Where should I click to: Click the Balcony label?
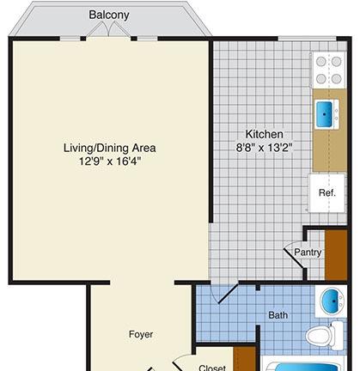(x=109, y=15)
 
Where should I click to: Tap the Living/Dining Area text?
(x=110, y=148)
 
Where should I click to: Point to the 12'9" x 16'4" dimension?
(x=110, y=161)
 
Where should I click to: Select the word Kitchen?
(x=264, y=134)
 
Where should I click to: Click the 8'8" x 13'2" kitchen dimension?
(x=264, y=148)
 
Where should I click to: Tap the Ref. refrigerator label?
(x=327, y=192)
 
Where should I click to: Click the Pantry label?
(x=308, y=252)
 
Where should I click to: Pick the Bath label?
(x=278, y=315)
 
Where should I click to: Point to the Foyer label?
(x=141, y=334)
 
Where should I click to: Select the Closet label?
(x=212, y=368)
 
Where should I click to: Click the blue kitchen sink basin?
(x=324, y=114)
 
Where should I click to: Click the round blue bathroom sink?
(x=333, y=301)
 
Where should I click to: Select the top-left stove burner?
(x=321, y=61)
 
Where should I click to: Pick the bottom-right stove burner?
(x=336, y=78)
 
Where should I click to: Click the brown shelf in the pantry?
(x=336, y=254)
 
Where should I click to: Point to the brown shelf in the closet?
(x=244, y=359)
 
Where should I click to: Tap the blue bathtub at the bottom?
(x=307, y=367)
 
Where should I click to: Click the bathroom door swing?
(x=223, y=295)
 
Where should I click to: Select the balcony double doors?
(x=109, y=29)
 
